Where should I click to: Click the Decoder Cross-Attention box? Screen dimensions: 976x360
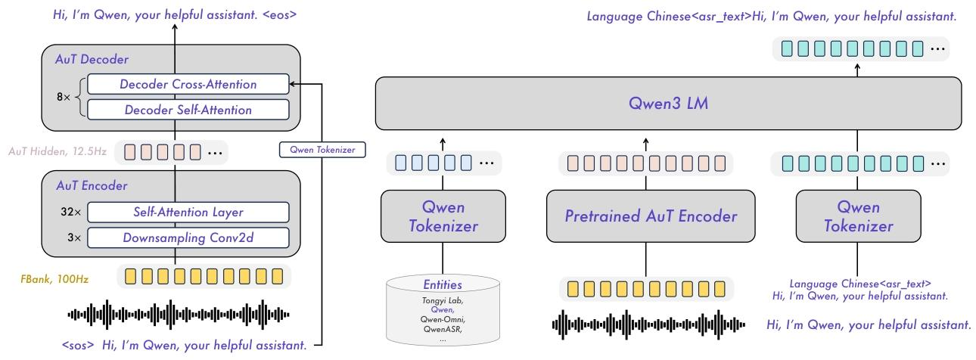[x=188, y=84]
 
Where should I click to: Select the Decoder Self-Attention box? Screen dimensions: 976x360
[x=188, y=110]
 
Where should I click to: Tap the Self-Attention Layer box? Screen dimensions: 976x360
[x=188, y=212]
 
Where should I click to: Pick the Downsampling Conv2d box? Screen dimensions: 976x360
[x=188, y=237]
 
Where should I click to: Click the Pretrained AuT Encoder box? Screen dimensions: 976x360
[x=651, y=216]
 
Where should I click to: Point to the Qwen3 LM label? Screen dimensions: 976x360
[x=668, y=103]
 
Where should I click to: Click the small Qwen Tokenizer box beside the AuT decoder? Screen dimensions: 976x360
[x=322, y=150]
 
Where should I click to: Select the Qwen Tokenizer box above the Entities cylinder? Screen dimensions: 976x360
[x=443, y=216]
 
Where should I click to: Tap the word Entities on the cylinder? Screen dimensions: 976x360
[x=443, y=284]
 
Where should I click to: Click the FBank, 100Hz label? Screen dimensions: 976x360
[x=54, y=279]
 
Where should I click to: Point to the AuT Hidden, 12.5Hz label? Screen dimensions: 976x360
[x=58, y=151]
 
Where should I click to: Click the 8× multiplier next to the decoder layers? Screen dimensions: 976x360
[x=64, y=97]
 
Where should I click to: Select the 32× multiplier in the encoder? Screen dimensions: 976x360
[x=70, y=212]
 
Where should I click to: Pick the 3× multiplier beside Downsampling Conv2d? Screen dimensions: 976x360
[x=74, y=237]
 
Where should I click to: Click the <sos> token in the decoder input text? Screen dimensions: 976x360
[x=78, y=346]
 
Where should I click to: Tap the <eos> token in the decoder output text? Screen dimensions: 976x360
[x=280, y=15]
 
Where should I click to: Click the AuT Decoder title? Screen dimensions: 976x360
[x=92, y=59]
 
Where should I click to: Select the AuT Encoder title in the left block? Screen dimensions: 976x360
[x=92, y=185]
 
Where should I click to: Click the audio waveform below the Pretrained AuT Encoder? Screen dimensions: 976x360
[x=648, y=324]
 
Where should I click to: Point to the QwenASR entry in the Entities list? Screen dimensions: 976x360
[x=443, y=329]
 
